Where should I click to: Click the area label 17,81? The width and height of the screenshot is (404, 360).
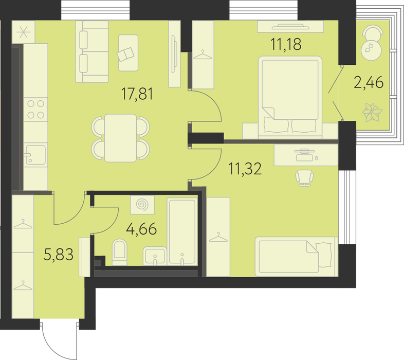tap(137, 94)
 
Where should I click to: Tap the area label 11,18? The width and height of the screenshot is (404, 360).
tap(286, 44)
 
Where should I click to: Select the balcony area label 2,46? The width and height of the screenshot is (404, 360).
tap(369, 83)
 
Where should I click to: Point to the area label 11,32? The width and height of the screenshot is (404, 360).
tap(245, 169)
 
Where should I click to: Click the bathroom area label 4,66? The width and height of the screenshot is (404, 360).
tap(141, 229)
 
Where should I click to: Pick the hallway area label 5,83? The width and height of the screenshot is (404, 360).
tap(59, 254)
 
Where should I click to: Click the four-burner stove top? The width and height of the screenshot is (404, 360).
tap(36, 110)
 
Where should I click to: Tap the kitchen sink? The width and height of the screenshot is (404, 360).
tap(35, 154)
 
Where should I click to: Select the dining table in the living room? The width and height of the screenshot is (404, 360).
tap(120, 138)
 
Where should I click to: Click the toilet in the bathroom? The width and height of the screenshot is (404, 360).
tap(120, 252)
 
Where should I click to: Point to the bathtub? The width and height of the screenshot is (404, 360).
tap(182, 231)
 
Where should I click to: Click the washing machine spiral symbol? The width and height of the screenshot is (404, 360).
tap(142, 205)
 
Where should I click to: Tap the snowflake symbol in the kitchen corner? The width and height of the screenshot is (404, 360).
tap(23, 32)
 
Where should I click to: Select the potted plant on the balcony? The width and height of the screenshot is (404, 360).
tap(372, 113)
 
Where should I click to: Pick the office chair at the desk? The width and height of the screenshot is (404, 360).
tap(304, 177)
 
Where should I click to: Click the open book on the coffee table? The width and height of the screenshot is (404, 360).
tap(125, 54)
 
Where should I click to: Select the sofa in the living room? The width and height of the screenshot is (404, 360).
tap(91, 52)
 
